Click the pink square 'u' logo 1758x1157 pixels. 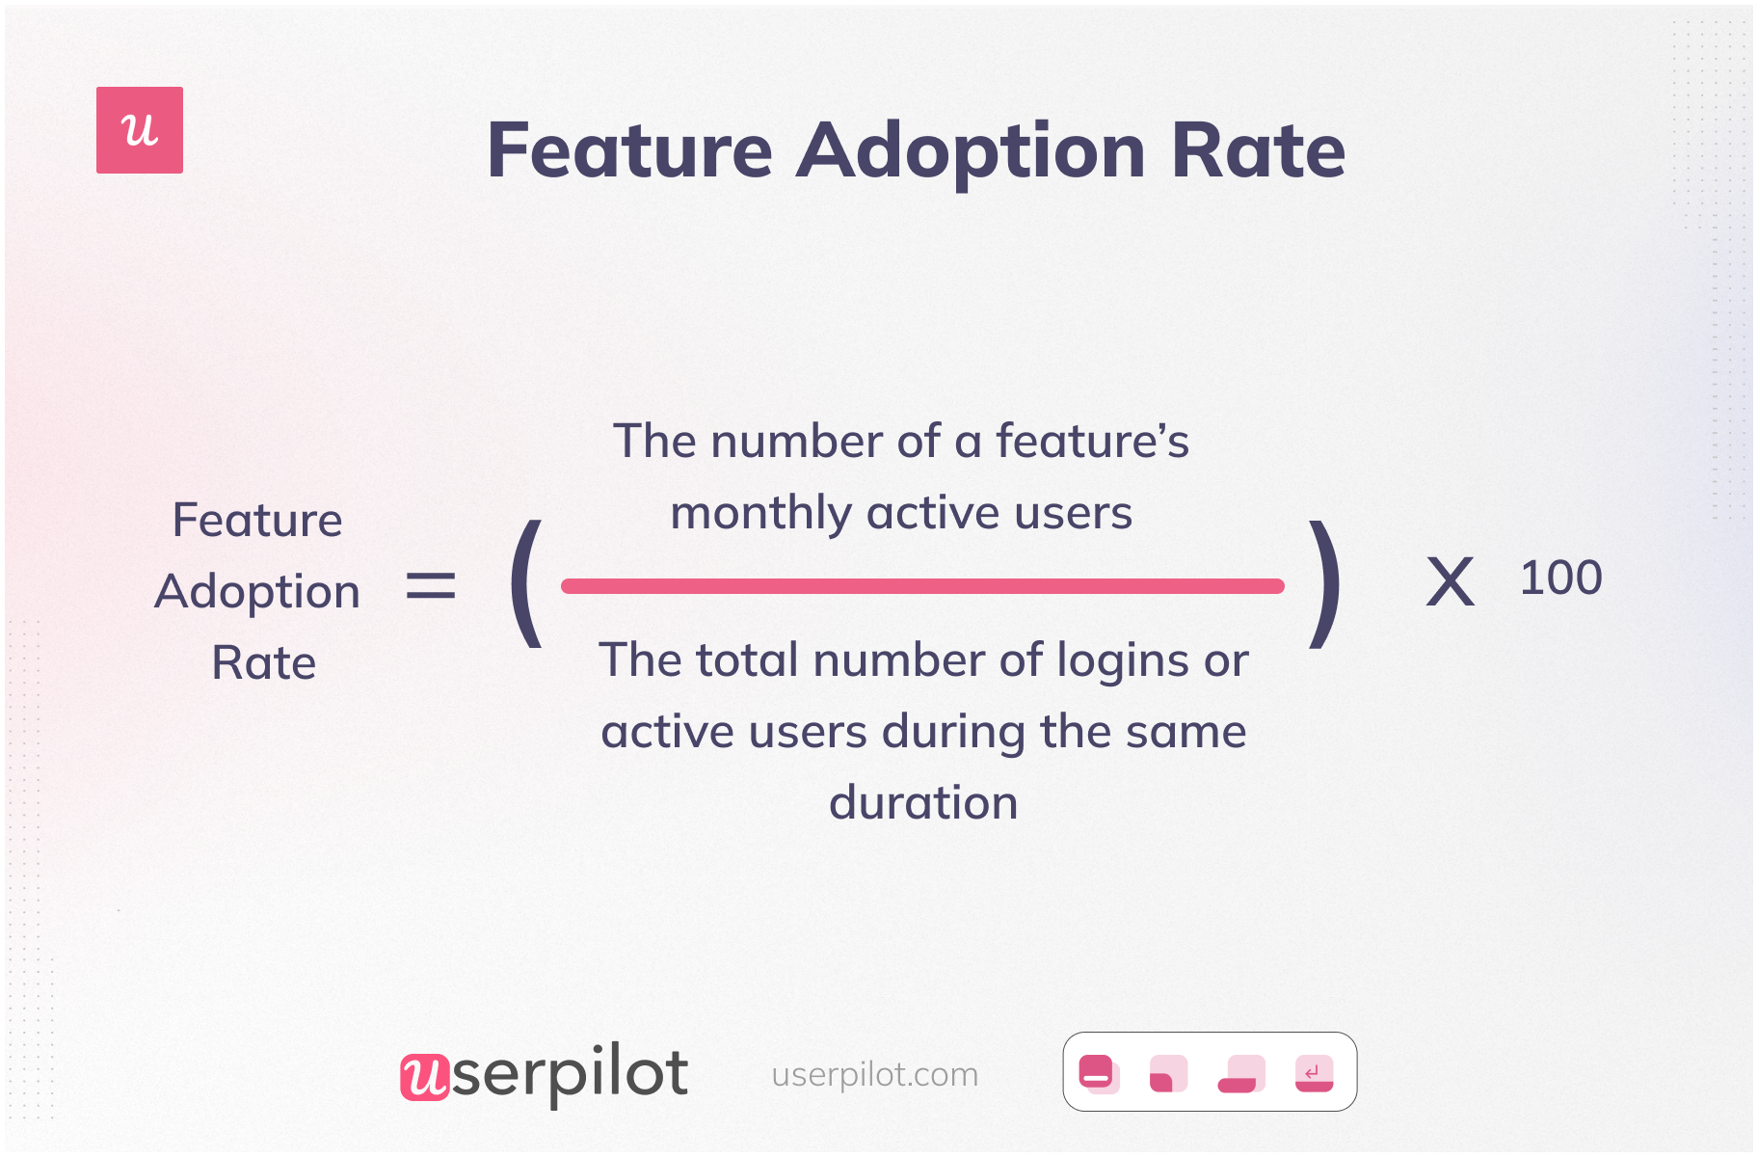(140, 130)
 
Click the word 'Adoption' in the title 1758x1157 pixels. (971, 151)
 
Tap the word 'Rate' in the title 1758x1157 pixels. (1258, 151)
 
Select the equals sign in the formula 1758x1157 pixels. (430, 585)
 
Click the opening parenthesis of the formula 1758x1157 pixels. (526, 584)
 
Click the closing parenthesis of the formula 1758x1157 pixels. (1324, 584)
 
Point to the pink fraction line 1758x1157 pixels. (922, 586)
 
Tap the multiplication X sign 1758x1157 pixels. (1450, 582)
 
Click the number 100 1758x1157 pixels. (1560, 578)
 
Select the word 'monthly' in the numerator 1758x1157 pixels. (759, 514)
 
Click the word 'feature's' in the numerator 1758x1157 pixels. (1092, 442)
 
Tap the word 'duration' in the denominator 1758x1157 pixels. (923, 803)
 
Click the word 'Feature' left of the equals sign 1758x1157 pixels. (257, 521)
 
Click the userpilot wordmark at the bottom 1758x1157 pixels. (545, 1074)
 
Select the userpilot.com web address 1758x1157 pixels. (874, 1074)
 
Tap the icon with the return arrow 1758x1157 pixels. (1314, 1073)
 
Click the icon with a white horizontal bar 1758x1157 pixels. (1098, 1073)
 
